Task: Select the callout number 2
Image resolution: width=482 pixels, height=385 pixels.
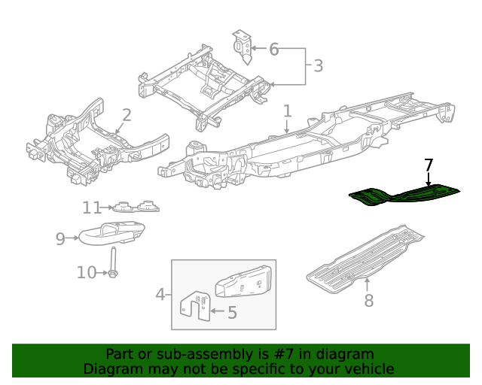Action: pyautogui.click(x=127, y=115)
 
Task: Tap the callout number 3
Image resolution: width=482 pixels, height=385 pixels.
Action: pyautogui.click(x=318, y=66)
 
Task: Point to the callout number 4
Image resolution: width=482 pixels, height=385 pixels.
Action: pyautogui.click(x=160, y=294)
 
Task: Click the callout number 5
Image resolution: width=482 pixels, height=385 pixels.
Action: pyautogui.click(x=232, y=312)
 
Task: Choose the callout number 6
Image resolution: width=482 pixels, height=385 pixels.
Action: pyautogui.click(x=273, y=50)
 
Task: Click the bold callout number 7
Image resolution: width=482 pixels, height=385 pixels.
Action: pyautogui.click(x=429, y=165)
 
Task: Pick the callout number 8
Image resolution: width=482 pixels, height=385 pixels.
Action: pyautogui.click(x=368, y=301)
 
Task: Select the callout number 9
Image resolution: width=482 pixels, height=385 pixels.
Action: pyautogui.click(x=61, y=238)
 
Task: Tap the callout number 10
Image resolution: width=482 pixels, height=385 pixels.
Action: pyautogui.click(x=87, y=272)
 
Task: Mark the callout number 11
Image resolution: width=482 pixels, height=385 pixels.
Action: pyautogui.click(x=91, y=208)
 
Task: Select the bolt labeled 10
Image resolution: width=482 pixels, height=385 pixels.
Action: pyautogui.click(x=112, y=262)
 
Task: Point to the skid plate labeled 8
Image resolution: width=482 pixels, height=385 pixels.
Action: pyautogui.click(x=361, y=256)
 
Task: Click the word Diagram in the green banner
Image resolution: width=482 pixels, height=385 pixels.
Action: pyautogui.click(x=110, y=368)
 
